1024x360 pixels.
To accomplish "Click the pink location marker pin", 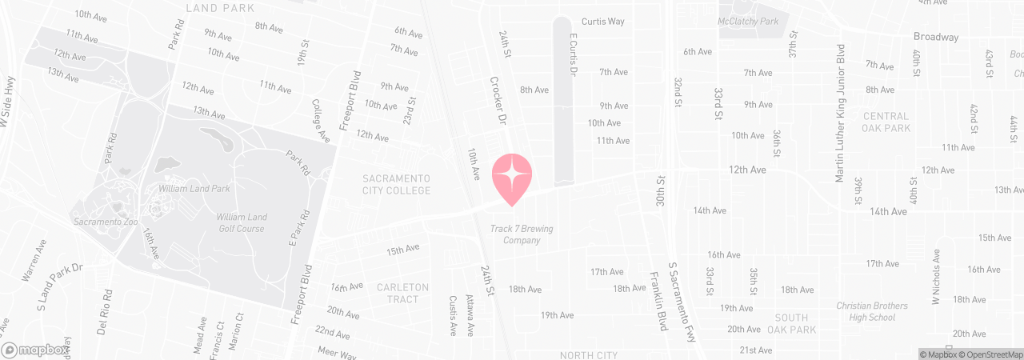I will click(x=512, y=177).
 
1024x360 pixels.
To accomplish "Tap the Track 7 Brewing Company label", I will click(x=522, y=234).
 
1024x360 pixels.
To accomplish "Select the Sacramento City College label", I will click(x=397, y=184).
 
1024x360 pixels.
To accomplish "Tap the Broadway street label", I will click(x=936, y=37).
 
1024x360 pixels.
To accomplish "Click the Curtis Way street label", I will click(x=602, y=22).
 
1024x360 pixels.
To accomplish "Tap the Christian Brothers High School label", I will click(x=871, y=312).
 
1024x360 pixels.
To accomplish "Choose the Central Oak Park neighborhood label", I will click(x=886, y=122).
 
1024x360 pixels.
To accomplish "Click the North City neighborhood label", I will click(x=589, y=354).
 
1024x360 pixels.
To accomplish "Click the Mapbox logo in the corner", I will click(x=33, y=350).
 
